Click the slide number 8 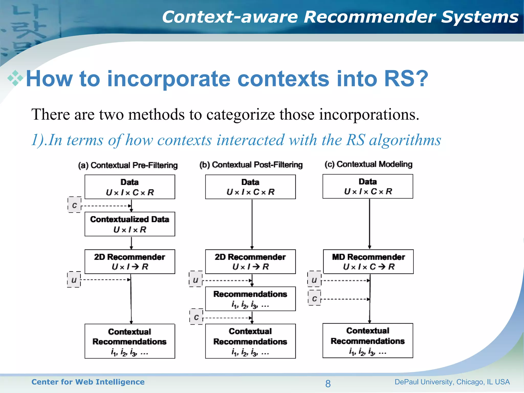(x=328, y=384)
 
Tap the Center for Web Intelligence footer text (x=88, y=382)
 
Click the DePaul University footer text (x=452, y=382)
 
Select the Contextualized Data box (x=130, y=224)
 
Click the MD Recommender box (x=368, y=261)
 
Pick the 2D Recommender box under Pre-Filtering (x=130, y=261)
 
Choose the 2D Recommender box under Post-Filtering (x=250, y=261)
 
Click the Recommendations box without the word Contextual (x=250, y=299)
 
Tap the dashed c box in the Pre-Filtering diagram (x=74, y=205)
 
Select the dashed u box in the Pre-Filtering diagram (x=74, y=280)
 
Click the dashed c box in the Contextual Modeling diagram (x=314, y=298)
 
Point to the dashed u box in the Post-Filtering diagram (x=196, y=279)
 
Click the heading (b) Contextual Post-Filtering (x=251, y=165)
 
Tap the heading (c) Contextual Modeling (x=368, y=164)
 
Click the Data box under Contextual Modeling (x=368, y=186)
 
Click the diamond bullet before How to (x=15, y=78)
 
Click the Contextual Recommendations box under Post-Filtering (x=250, y=341)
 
